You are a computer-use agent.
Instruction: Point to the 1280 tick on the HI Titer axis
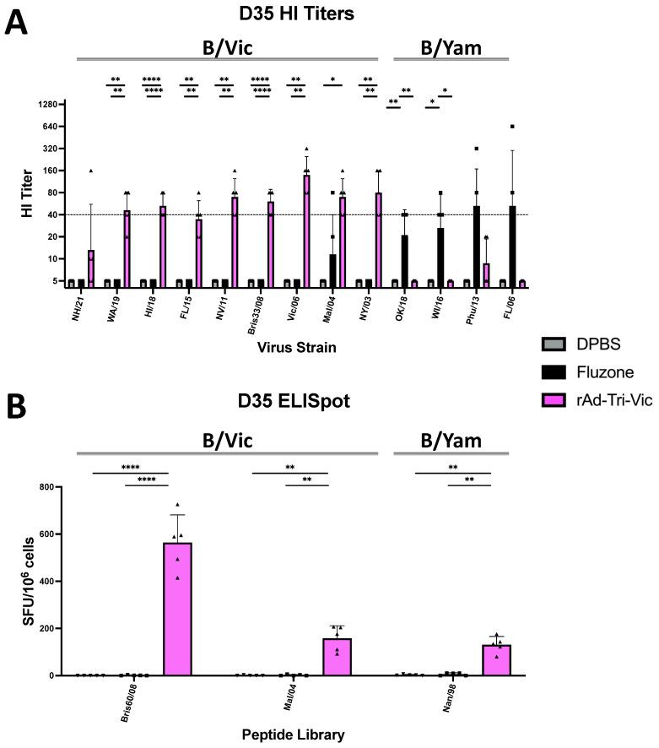coord(51,105)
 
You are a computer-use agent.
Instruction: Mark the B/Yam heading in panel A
coord(451,46)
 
